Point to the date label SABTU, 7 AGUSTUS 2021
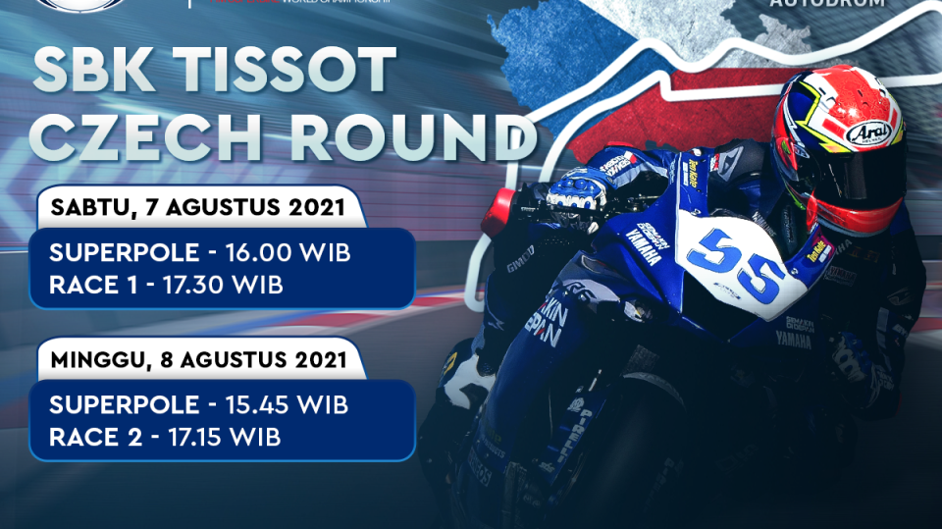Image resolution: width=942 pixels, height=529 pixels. [197, 209]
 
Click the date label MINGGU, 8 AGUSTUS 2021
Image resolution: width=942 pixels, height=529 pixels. [197, 360]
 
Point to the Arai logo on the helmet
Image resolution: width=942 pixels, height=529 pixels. [866, 132]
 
